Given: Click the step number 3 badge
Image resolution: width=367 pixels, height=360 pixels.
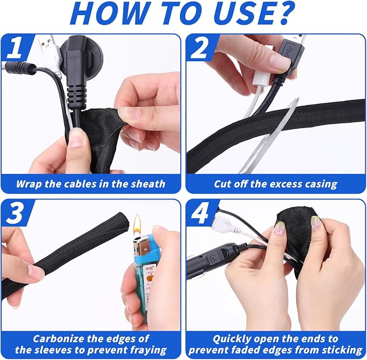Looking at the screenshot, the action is (x=16, y=214).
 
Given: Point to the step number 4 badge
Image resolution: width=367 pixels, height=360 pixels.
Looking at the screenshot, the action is (x=199, y=214).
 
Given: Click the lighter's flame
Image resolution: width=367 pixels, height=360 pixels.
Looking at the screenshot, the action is (x=137, y=224).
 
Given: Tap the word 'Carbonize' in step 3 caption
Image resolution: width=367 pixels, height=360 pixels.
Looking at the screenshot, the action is (x=58, y=339).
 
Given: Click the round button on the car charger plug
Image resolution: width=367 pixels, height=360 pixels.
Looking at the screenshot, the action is (x=212, y=258).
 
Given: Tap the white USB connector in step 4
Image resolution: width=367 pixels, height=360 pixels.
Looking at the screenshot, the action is (x=224, y=224).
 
